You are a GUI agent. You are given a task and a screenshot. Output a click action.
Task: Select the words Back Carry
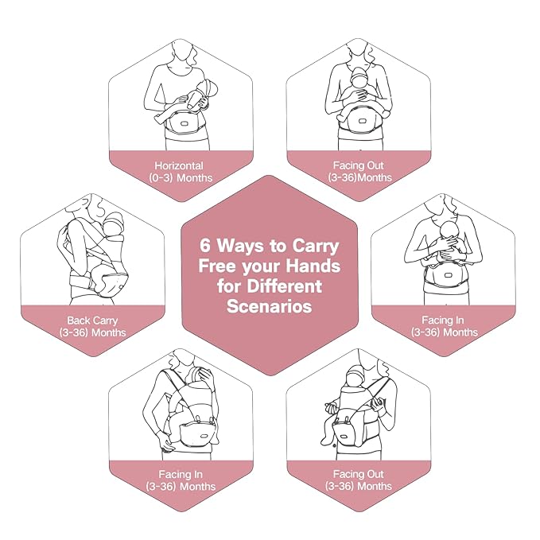tap(93, 321)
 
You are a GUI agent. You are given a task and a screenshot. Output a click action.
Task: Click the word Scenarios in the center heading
tap(271, 305)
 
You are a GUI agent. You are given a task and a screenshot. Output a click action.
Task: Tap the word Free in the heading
tap(216, 266)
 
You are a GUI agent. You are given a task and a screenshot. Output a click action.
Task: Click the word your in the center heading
tap(259, 266)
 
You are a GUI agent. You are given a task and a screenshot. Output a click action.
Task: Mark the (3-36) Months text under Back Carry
tap(93, 332)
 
